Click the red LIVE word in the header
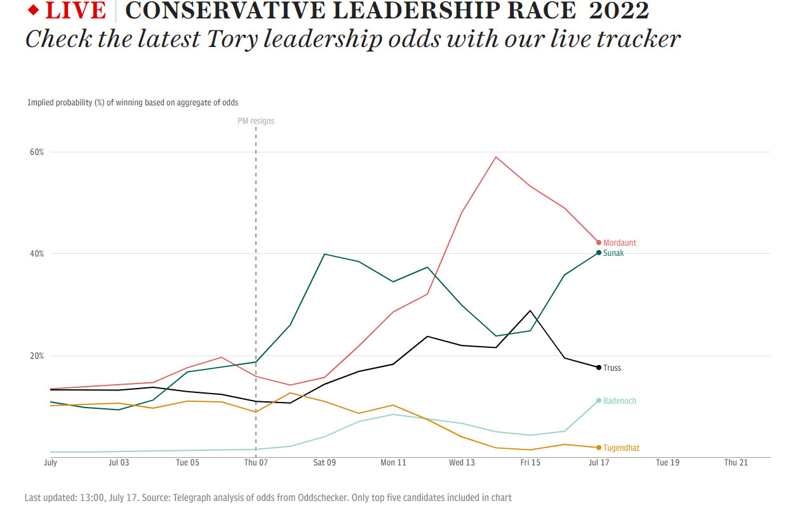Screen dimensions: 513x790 coord(76,11)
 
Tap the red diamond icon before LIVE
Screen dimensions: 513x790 coord(34,10)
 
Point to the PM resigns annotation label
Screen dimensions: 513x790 coord(256,121)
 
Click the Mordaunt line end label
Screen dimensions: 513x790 coord(619,243)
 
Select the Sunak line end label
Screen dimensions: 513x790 coord(613,253)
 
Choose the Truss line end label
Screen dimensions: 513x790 coord(612,368)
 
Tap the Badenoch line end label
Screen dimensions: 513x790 coord(619,401)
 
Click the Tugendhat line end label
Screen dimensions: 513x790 coord(621,448)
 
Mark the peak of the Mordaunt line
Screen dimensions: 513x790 coord(496,157)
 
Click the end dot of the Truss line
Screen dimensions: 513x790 coord(599,368)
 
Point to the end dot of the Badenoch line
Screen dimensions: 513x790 coord(599,401)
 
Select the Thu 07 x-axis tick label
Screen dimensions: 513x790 coord(256,463)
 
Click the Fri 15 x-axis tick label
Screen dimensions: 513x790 coord(530,463)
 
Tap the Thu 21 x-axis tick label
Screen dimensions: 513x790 coord(736,463)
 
